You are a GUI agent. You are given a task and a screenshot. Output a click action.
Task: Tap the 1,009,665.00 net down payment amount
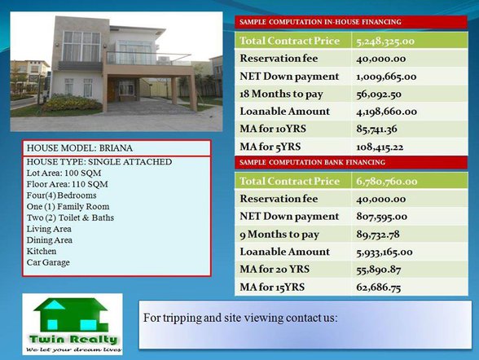pos(386,77)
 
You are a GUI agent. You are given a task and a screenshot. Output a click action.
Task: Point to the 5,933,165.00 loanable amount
pos(388,252)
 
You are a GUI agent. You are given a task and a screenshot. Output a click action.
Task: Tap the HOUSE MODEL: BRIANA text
pos(80,148)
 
